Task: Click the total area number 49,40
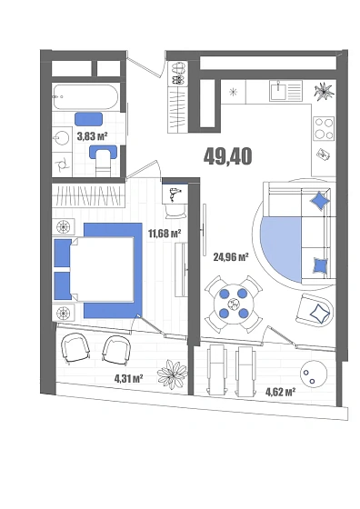point(227,156)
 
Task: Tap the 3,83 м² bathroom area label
point(92,136)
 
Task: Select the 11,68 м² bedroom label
point(165,233)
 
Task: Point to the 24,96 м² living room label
point(231,257)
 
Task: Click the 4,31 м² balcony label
point(129,378)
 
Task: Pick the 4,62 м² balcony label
point(281,392)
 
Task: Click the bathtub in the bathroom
point(86,96)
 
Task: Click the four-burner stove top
point(324,128)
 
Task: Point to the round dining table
point(234,304)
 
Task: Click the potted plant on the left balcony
point(172,374)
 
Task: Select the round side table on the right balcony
point(314,374)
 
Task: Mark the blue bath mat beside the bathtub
point(88,119)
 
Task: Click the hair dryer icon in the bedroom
point(175,194)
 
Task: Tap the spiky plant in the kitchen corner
point(324,90)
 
